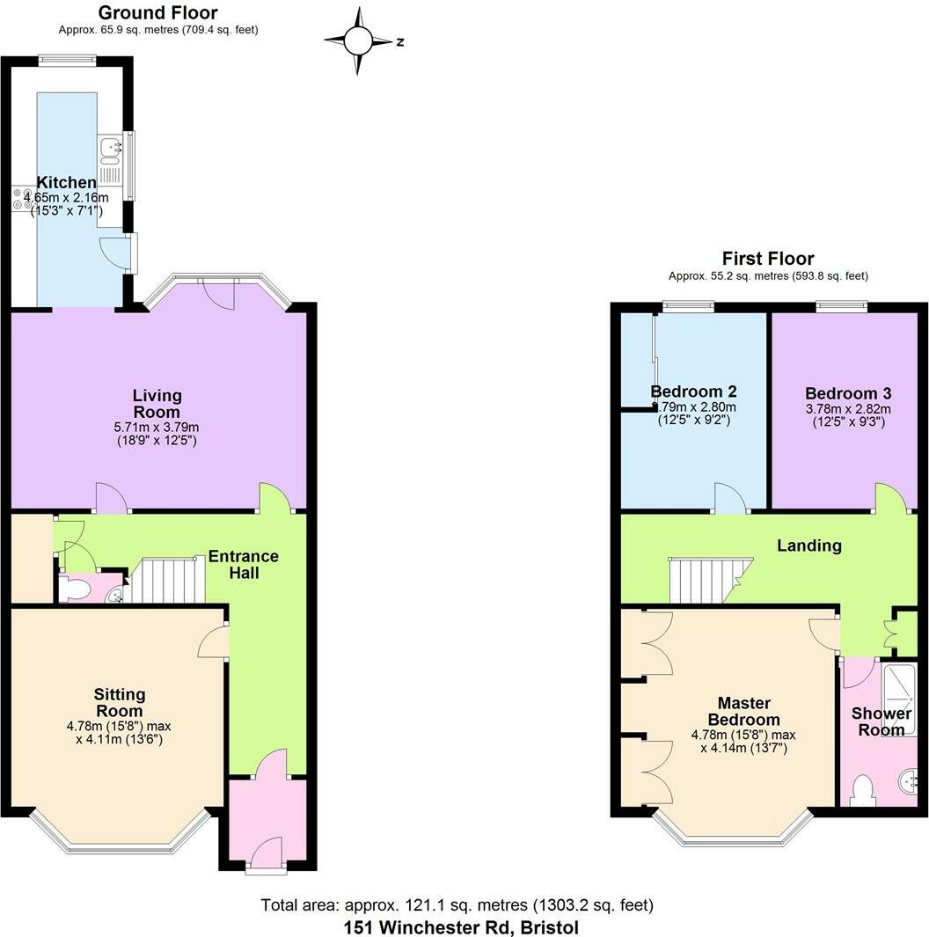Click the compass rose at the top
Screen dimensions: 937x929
coord(358,40)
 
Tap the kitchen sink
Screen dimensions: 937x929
coord(110,150)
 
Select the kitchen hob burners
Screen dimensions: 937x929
coord(21,200)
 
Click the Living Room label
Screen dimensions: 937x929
coord(157,404)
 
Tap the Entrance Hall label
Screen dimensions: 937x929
coord(243,564)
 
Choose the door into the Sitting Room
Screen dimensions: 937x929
coord(214,642)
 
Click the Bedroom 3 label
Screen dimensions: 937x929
coord(841,393)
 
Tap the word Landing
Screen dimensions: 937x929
coord(808,545)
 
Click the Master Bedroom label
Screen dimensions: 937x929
coord(743,711)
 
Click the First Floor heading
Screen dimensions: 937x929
coord(767,259)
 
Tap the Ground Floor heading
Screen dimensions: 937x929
coord(157,13)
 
